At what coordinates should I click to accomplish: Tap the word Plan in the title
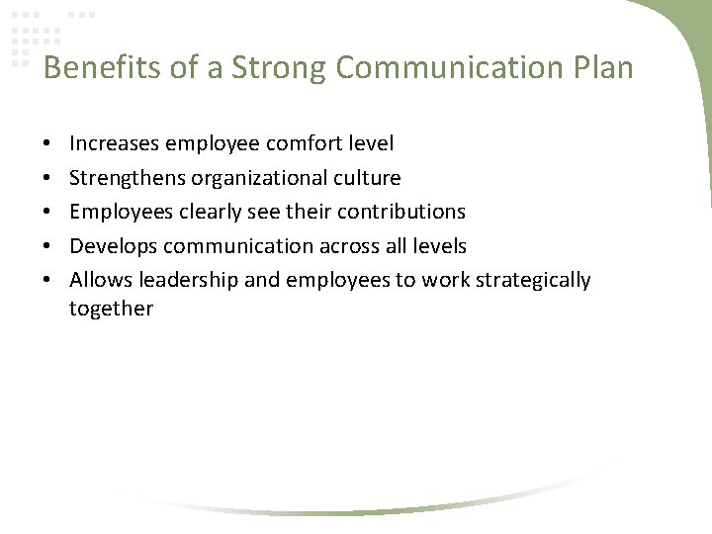(599, 68)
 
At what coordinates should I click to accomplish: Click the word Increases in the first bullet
(114, 144)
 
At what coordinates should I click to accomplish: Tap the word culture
(367, 178)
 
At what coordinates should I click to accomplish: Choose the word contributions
(404, 212)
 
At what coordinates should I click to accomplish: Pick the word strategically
(533, 280)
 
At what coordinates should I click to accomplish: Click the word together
(111, 310)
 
